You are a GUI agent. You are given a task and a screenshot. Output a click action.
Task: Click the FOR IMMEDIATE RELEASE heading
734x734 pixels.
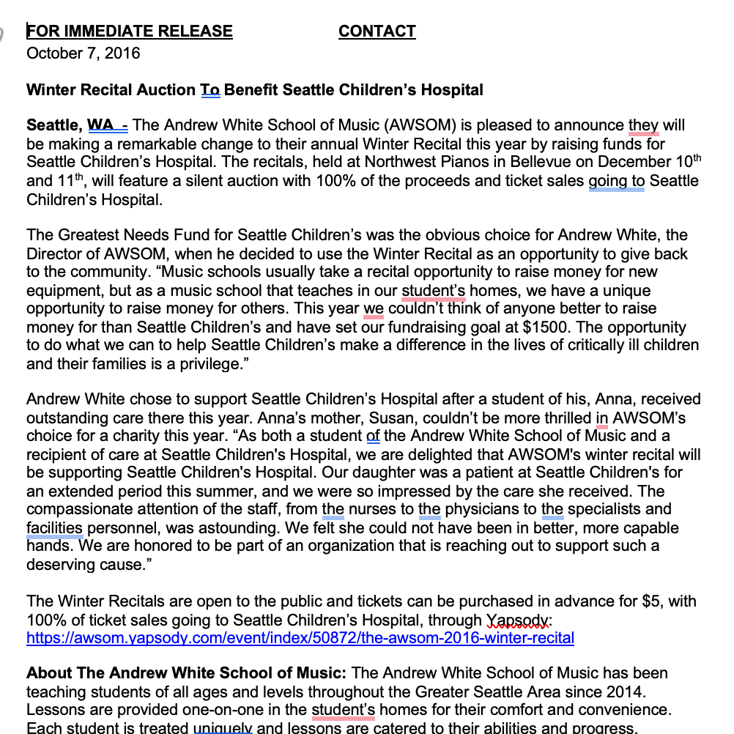coord(130,31)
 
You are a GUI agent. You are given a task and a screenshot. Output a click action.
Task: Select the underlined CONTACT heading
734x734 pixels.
coord(377,31)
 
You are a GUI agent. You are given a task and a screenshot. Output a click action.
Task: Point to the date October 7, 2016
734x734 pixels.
coord(83,53)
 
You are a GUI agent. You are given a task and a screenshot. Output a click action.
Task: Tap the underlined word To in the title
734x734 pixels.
coord(210,90)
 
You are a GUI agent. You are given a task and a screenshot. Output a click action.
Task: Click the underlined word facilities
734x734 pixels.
coord(54,527)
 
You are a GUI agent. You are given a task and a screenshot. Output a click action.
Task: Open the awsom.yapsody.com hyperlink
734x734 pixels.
coord(300,637)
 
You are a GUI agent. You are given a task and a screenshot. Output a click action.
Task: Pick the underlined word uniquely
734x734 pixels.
coord(223,727)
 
